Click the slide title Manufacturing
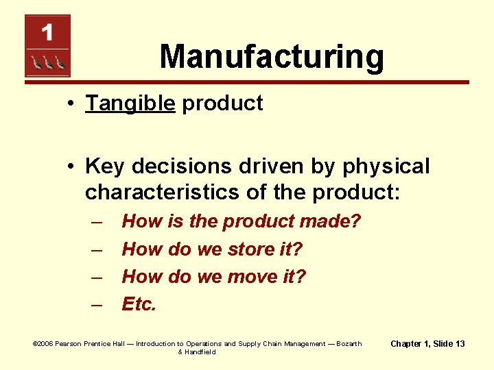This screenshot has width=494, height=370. click(x=272, y=57)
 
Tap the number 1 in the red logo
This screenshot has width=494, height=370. click(x=47, y=32)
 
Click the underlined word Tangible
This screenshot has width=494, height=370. click(x=130, y=103)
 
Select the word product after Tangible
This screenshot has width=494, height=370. click(x=222, y=103)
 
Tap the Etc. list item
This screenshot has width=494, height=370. click(x=139, y=304)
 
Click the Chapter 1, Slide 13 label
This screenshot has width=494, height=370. click(x=427, y=343)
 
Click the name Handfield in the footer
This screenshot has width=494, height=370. click(x=200, y=352)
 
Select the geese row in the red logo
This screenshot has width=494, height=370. click(x=47, y=62)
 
